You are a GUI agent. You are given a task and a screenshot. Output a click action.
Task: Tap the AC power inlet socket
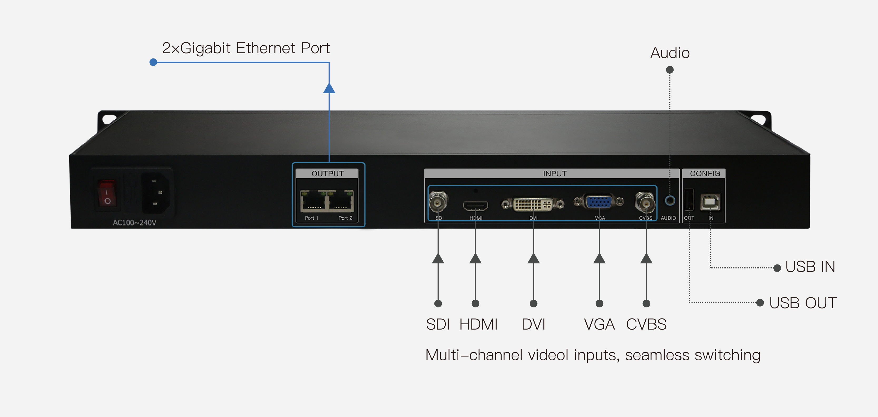[156, 193]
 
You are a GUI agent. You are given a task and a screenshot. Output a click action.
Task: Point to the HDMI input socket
[475, 205]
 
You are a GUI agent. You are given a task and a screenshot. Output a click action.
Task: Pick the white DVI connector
[532, 204]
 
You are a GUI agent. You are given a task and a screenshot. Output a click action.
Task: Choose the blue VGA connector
[599, 202]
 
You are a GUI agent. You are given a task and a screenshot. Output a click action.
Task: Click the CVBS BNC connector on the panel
[645, 202]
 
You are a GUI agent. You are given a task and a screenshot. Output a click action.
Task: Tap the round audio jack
[670, 200]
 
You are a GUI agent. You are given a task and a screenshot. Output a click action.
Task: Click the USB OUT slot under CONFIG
[689, 200]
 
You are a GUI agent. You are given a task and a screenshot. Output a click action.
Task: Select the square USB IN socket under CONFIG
[710, 202]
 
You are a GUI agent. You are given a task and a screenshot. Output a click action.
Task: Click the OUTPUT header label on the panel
[327, 174]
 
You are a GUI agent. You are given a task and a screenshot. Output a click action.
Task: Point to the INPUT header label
[555, 174]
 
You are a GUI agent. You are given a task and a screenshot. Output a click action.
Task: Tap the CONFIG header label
[705, 174]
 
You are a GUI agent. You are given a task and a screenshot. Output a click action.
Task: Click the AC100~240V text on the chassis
[134, 223]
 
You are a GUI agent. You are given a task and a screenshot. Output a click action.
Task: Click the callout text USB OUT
[802, 303]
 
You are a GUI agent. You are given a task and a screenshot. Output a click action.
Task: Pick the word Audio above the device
[670, 53]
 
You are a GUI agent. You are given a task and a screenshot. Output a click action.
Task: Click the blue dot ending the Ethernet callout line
[153, 62]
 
